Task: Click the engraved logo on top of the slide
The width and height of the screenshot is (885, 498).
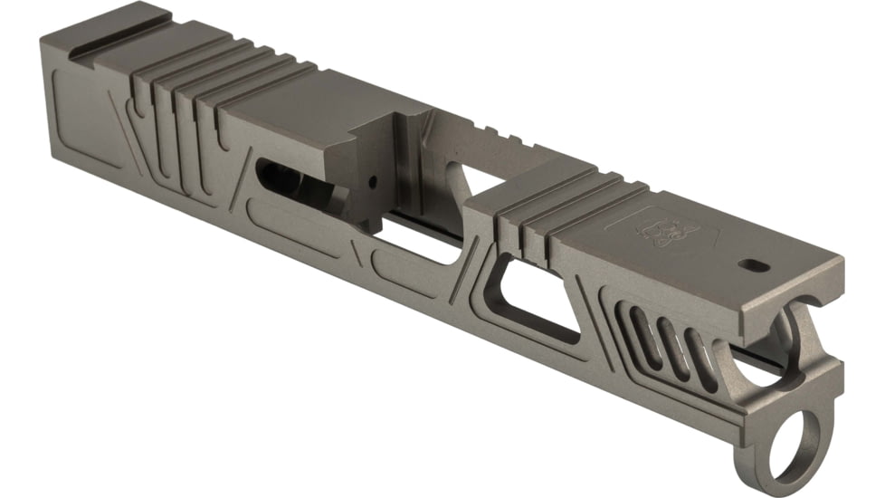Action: (659, 231)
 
